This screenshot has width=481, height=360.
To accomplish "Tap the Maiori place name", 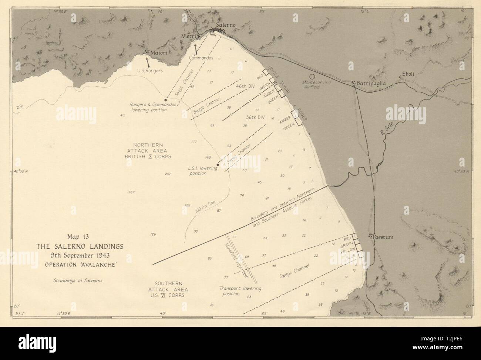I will click(x=161, y=53).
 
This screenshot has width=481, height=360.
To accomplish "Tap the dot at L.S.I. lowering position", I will click(x=218, y=165).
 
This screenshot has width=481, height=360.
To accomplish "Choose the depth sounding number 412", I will click(x=122, y=116).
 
